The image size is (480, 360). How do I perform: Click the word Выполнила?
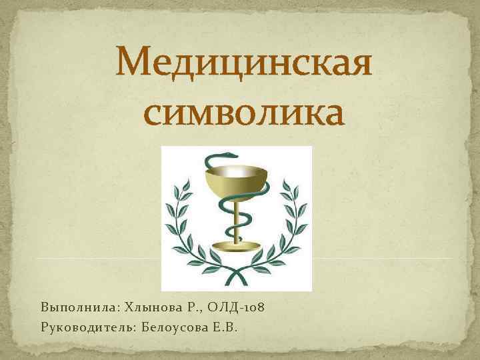pos(75,308)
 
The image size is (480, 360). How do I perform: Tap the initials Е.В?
pos(231,327)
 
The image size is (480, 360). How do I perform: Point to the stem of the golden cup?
pos(237,220)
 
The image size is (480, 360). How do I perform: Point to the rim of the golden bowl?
pos(237,171)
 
